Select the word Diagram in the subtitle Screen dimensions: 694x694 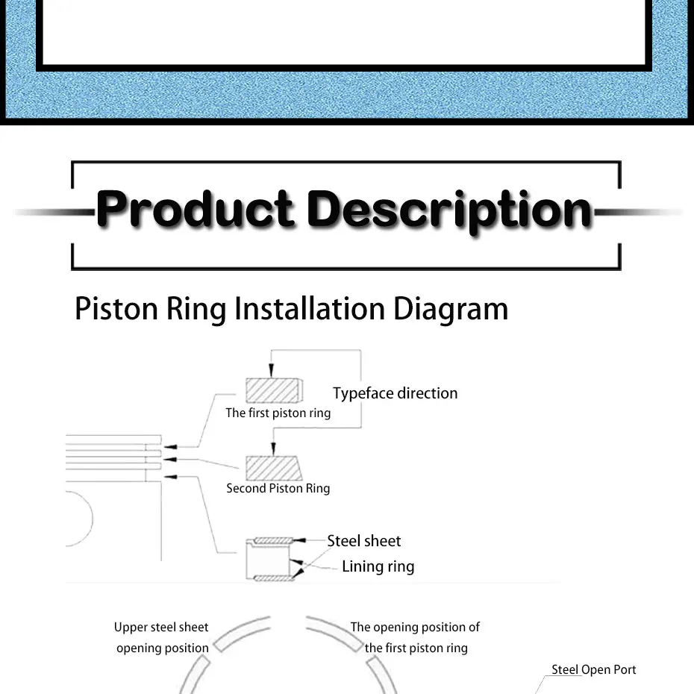click(451, 308)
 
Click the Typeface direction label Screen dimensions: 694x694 click(395, 393)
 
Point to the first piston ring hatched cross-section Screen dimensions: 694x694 click(273, 390)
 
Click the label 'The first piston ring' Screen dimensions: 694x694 click(278, 413)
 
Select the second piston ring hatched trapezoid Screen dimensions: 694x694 click(273, 468)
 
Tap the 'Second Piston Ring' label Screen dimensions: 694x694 click(278, 488)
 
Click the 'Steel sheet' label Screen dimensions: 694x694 click(363, 541)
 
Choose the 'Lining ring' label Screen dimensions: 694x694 click(378, 566)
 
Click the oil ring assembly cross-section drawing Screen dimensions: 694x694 click(271, 559)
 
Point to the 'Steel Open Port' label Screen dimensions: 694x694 click(593, 669)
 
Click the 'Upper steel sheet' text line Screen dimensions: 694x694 click(161, 627)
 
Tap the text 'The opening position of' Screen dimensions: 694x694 click(415, 627)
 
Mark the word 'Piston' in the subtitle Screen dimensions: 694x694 click(116, 308)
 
